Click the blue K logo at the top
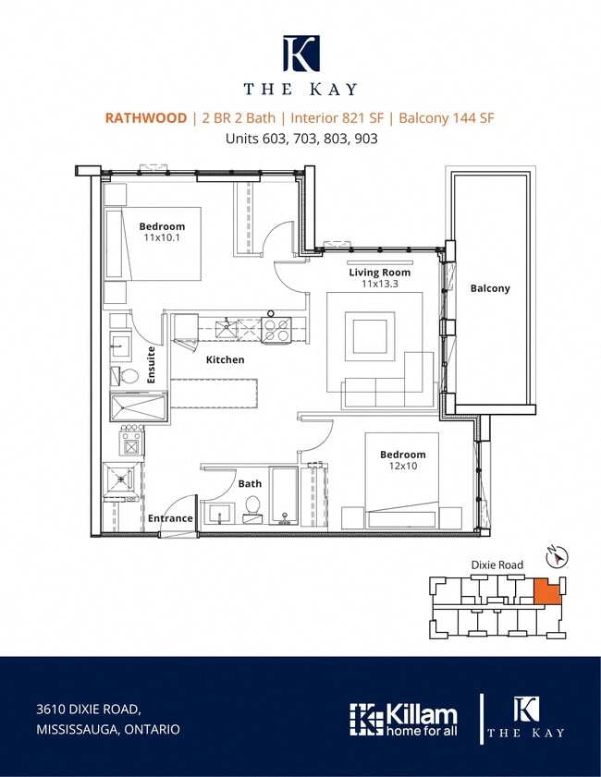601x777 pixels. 301,53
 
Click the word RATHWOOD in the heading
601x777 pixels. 146,118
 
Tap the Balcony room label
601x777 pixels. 490,288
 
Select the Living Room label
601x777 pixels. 379,272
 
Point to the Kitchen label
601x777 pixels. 225,359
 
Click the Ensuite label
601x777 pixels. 152,365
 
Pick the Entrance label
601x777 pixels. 170,518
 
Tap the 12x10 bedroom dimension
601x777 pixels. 403,466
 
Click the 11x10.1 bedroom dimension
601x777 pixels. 162,237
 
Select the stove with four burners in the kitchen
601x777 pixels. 276,329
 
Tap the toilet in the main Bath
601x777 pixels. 252,509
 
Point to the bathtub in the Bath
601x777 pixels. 284,495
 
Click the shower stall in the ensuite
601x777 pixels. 139,407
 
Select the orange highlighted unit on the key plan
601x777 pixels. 547,590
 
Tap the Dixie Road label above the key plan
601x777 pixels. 497,565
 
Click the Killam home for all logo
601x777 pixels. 403,719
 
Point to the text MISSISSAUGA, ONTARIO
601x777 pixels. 108,730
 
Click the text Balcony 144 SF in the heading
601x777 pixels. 447,118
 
